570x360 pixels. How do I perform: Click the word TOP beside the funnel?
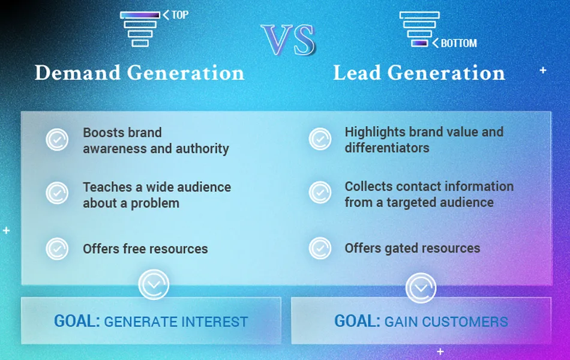pos(180,15)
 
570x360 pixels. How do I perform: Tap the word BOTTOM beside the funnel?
pos(459,43)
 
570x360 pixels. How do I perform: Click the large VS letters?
pos(288,40)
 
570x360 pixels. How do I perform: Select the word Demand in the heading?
pos(77,73)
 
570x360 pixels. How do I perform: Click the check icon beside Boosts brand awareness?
pos(57,140)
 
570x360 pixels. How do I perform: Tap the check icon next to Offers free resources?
pos(57,249)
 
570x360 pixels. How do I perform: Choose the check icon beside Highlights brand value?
pos(320,139)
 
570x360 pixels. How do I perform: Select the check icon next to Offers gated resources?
pos(320,248)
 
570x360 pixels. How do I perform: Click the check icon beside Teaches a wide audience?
pos(57,193)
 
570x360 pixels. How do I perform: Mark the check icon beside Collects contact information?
pos(320,193)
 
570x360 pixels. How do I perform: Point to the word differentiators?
pos(387,148)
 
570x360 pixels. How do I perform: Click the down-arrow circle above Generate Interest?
pos(154,284)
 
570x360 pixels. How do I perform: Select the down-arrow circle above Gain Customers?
pos(421,288)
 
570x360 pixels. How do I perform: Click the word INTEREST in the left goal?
pos(214,322)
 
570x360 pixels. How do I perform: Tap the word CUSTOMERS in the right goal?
pos(464,322)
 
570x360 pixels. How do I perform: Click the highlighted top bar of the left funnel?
pos(140,15)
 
